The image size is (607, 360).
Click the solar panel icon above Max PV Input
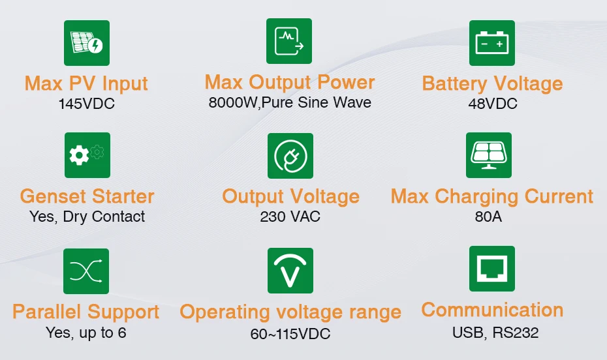[86, 43]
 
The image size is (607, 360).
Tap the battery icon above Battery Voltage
[491, 43]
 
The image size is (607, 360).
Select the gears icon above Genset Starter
[87, 155]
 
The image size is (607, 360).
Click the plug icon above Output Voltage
[290, 156]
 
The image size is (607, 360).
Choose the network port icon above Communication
[491, 269]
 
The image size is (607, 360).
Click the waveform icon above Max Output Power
[288, 41]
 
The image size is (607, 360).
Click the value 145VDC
[86, 104]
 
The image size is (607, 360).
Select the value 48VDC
[493, 104]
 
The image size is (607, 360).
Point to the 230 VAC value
[290, 217]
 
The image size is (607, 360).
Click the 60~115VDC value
[290, 334]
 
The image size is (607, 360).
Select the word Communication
[492, 310]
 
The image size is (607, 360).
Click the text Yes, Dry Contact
[87, 217]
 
